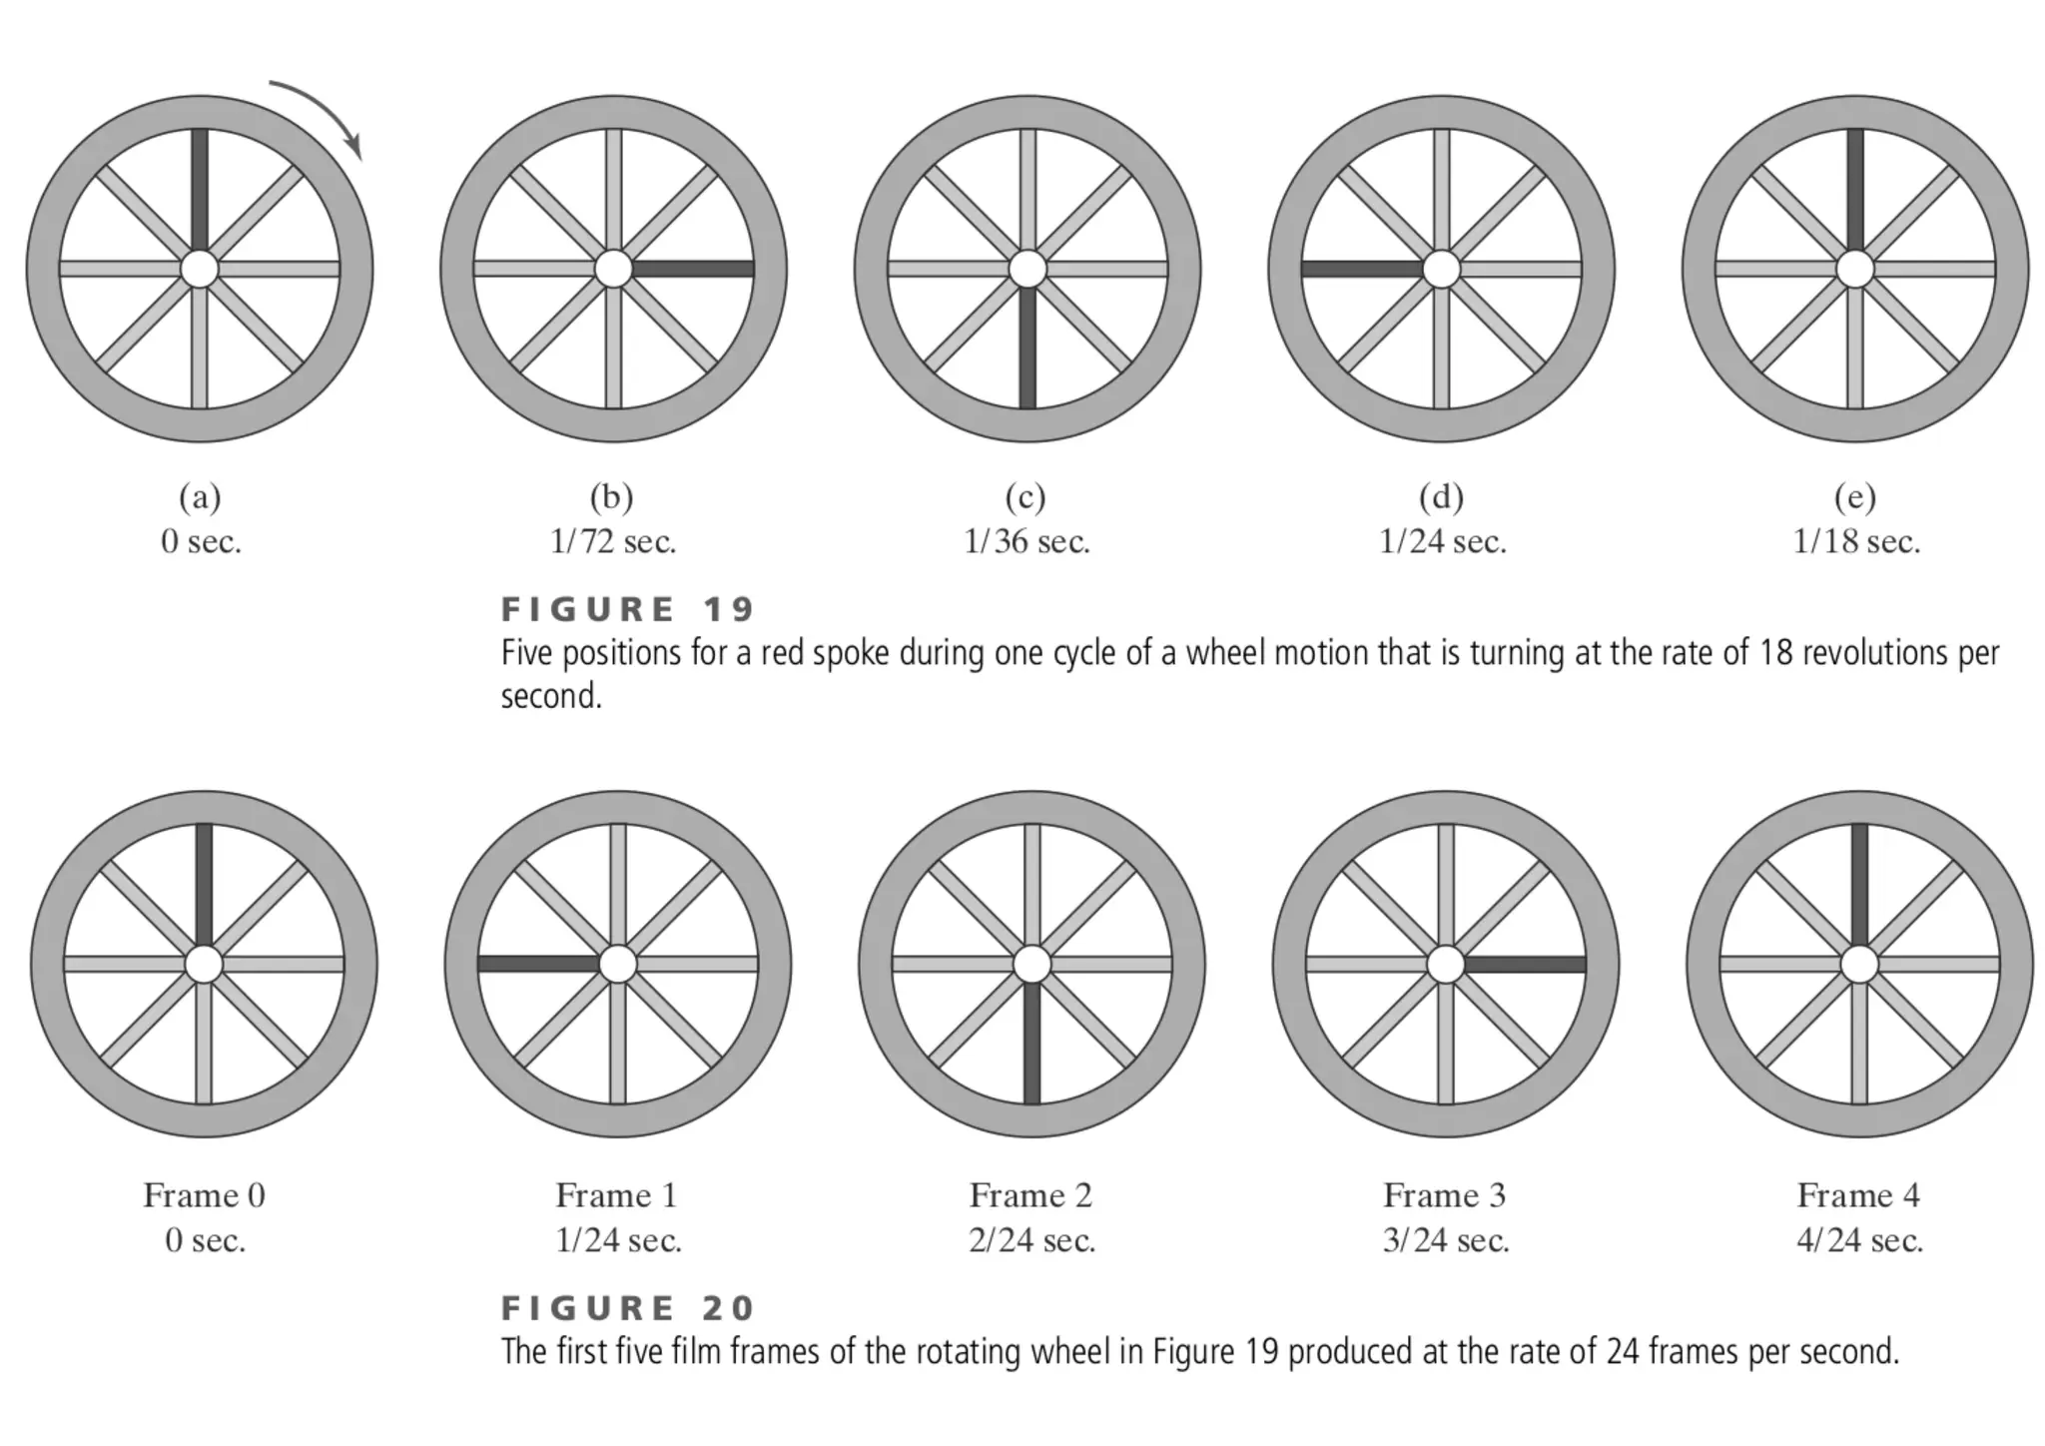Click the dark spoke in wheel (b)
tap(692, 269)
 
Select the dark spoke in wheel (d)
tap(1362, 268)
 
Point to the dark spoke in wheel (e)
tap(1855, 190)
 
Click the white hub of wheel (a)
tap(200, 269)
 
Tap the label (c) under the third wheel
tap(1025, 496)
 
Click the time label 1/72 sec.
tap(613, 541)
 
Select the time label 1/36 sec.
tap(1026, 541)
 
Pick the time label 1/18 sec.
tap(1856, 541)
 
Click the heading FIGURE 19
tap(628, 609)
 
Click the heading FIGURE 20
tap(628, 1308)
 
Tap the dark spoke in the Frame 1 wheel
tap(539, 964)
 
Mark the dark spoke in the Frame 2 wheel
tap(1032, 1044)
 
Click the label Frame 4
tap(1858, 1195)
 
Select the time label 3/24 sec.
tap(1446, 1240)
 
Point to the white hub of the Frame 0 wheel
tap(204, 965)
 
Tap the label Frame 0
tap(204, 1195)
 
